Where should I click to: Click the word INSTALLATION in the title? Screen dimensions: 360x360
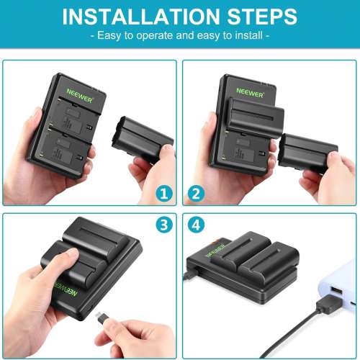[132, 17]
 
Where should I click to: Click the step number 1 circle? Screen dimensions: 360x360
[164, 194]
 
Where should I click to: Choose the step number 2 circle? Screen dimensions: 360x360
[195, 194]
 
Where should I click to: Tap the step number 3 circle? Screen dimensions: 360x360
[164, 225]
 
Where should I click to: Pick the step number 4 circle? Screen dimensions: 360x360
[195, 225]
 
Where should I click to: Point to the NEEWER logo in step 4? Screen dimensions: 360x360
[215, 253]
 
